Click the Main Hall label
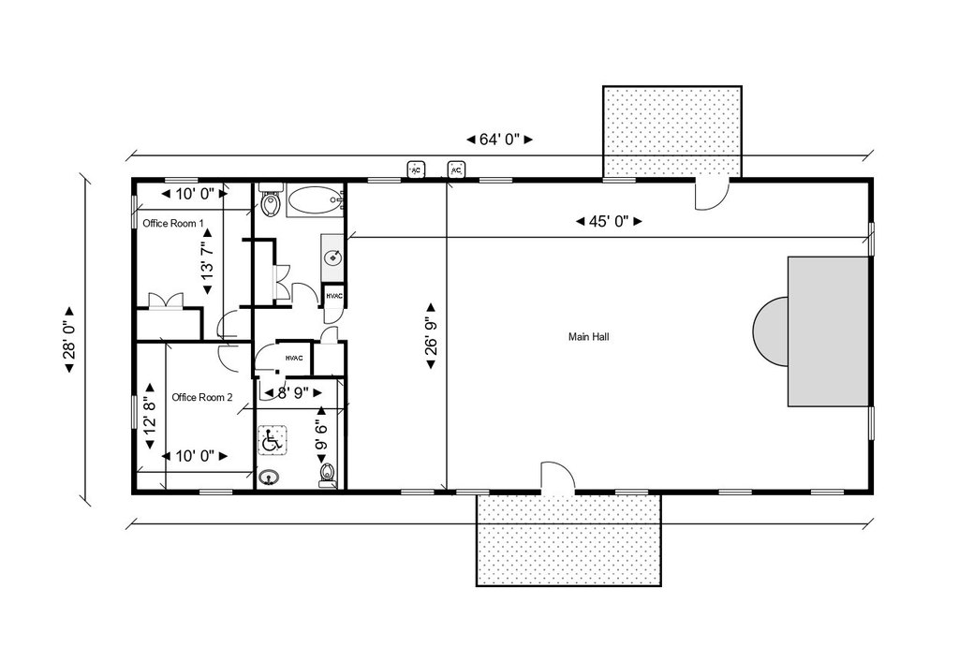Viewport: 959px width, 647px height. click(588, 337)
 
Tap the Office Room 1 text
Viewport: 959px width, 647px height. click(173, 223)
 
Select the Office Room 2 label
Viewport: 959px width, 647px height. click(202, 398)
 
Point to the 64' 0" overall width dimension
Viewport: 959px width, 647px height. click(500, 140)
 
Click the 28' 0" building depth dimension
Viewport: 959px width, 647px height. click(69, 339)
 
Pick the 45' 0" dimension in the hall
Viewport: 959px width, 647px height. click(609, 221)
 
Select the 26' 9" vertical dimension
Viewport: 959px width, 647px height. click(431, 336)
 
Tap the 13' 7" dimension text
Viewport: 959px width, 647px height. click(207, 262)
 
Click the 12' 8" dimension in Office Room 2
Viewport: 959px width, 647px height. click(149, 417)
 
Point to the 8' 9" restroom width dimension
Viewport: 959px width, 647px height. click(292, 392)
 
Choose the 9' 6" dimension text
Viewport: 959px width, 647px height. click(321, 435)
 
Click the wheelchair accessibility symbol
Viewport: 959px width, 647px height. click(273, 441)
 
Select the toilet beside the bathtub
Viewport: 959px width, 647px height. click(270, 200)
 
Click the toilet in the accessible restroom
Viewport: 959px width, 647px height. click(327, 475)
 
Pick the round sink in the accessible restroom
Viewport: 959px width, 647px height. click(268, 477)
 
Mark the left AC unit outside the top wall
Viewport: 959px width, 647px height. click(416, 169)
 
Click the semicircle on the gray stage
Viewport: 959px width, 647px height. click(770, 331)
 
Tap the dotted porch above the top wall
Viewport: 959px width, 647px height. click(672, 131)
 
